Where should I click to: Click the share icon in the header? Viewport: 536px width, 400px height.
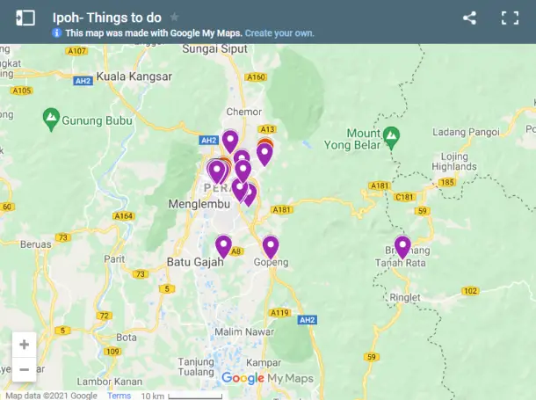click(469, 18)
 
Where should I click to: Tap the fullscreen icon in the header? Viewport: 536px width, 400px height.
click(511, 18)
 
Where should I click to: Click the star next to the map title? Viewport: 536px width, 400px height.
click(175, 18)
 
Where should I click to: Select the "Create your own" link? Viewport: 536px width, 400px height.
click(279, 33)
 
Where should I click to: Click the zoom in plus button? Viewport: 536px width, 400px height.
click(24, 345)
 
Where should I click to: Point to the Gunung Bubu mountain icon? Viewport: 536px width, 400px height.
click(52, 117)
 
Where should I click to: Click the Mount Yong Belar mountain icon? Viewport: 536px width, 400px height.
click(392, 137)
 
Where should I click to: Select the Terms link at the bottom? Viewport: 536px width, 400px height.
click(119, 396)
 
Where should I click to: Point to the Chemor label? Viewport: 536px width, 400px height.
click(244, 112)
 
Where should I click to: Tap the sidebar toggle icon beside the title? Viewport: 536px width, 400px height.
click(25, 18)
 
